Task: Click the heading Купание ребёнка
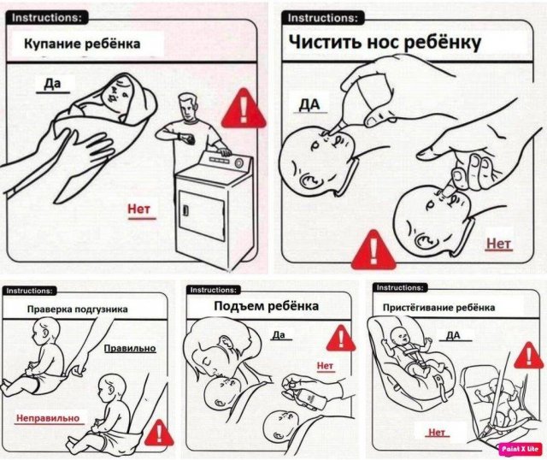82,44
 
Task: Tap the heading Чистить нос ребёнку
385,43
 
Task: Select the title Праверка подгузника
78,310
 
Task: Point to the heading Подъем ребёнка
266,306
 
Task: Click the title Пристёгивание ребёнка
438,308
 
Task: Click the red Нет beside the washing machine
138,209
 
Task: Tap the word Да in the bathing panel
52,84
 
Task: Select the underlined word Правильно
130,348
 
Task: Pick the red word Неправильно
48,418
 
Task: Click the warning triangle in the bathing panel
243,109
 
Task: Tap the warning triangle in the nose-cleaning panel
373,250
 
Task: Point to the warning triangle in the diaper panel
159,433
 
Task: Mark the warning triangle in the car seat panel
529,356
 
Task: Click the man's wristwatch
180,136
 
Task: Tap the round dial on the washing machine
239,163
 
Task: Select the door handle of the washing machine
186,210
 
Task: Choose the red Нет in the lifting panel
325,366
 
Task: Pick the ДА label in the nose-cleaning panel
309,104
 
